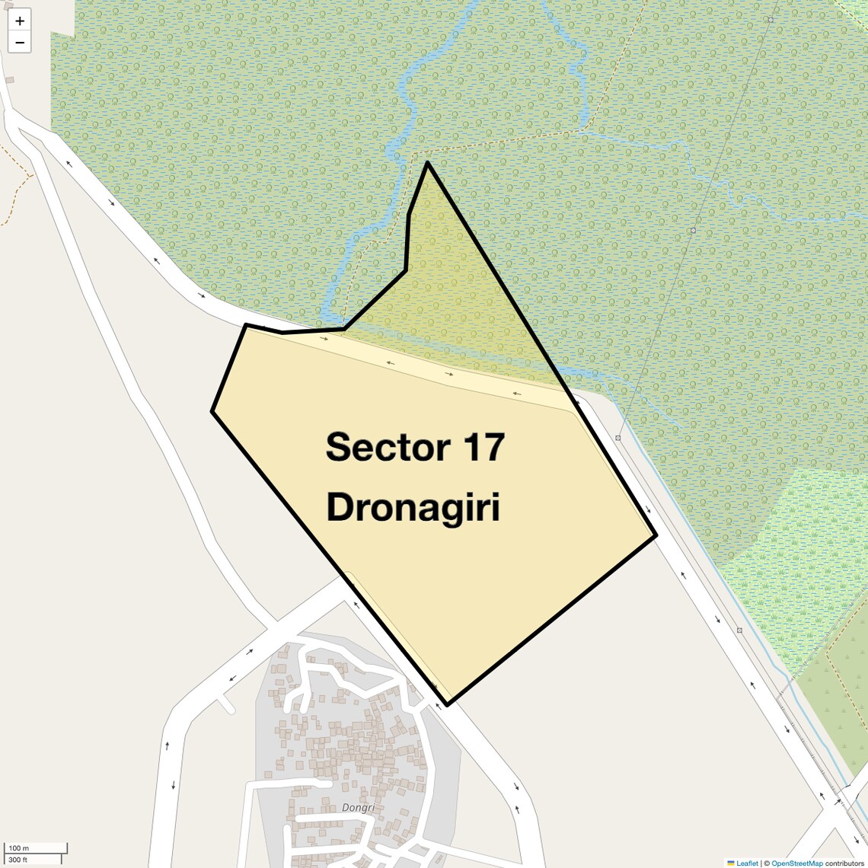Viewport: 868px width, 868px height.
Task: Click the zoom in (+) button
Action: (x=20, y=21)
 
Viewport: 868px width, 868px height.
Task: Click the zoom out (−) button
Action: (x=20, y=43)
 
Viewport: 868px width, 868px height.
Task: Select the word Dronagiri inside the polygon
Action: (x=413, y=508)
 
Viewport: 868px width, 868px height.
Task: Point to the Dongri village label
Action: (x=359, y=808)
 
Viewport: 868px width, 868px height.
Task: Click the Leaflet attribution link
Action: (x=747, y=863)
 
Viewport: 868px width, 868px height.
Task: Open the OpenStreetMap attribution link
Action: (x=797, y=863)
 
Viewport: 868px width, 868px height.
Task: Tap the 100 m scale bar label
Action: (x=19, y=847)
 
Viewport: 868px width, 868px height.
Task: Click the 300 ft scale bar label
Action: (x=18, y=860)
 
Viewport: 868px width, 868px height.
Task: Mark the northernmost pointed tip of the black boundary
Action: (x=428, y=162)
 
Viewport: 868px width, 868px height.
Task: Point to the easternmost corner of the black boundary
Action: (x=656, y=535)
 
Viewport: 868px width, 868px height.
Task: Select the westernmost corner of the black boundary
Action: (x=212, y=411)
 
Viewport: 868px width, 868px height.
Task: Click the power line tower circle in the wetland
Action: (x=693, y=230)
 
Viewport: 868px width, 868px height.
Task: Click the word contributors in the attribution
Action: (x=844, y=863)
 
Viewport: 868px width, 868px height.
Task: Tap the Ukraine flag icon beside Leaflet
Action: (x=731, y=863)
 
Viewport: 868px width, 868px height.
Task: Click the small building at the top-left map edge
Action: (x=10, y=80)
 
